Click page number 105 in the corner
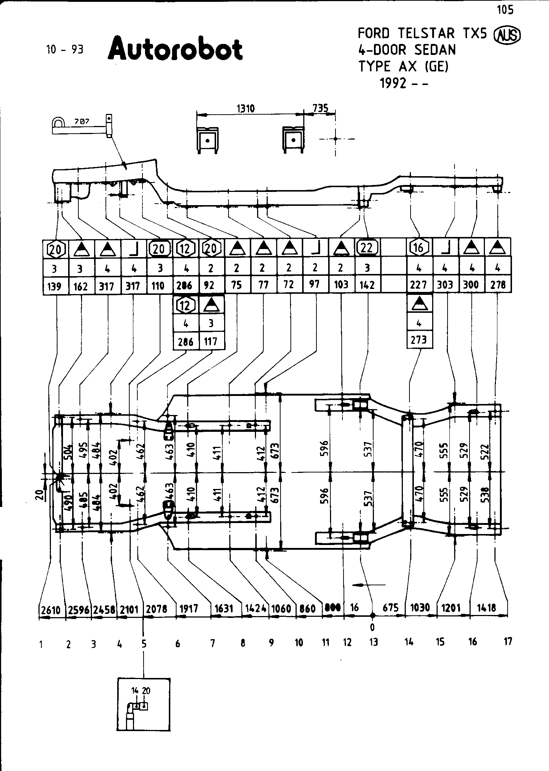(x=505, y=10)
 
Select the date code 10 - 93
(x=64, y=49)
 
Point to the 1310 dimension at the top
(x=246, y=109)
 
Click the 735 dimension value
(x=320, y=108)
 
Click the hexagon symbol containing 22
(x=367, y=248)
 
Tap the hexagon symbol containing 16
(x=419, y=248)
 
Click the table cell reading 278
(x=498, y=285)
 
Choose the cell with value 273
(x=419, y=340)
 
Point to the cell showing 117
(x=211, y=341)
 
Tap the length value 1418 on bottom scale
(x=487, y=608)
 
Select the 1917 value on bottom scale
(x=189, y=609)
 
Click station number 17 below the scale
(x=508, y=641)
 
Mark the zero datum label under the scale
(x=372, y=627)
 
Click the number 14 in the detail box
(x=135, y=691)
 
